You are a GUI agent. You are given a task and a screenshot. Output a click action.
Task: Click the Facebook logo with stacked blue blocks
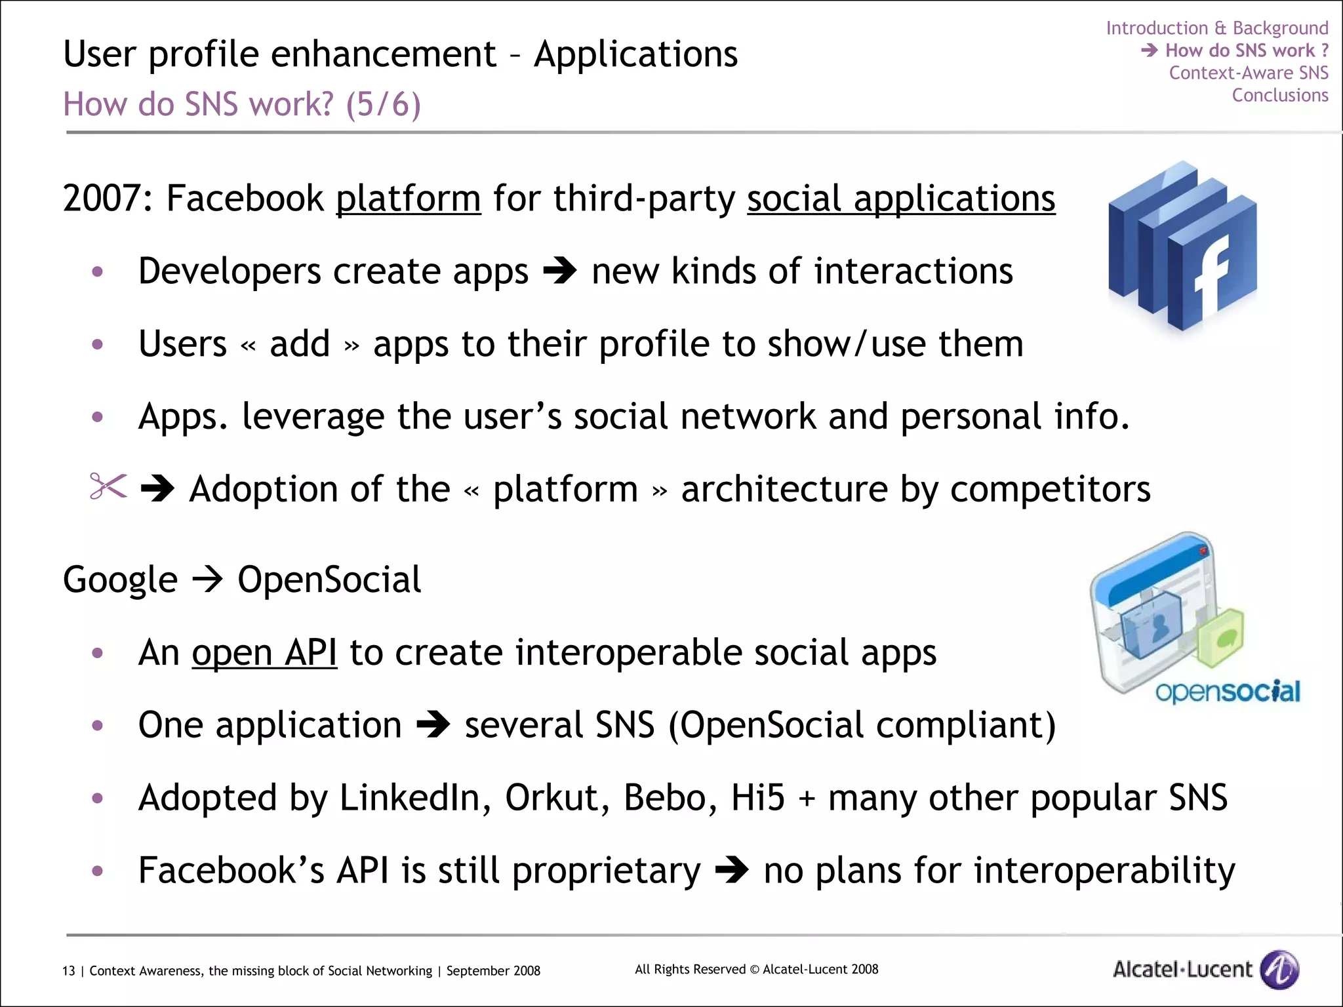tap(1182, 247)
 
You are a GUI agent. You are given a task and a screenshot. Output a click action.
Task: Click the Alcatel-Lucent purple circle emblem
tap(1279, 968)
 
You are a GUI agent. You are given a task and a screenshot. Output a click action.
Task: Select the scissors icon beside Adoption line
tap(108, 486)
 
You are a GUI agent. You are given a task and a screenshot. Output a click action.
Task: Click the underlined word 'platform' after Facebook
tap(408, 198)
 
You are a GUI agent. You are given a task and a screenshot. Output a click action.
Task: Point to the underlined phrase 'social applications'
tap(900, 198)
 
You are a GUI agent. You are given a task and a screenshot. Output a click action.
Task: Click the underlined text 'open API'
tap(264, 652)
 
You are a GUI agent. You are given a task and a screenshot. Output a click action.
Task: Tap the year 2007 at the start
tap(102, 198)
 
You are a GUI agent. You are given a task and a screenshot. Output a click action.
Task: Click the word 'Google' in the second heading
tap(120, 580)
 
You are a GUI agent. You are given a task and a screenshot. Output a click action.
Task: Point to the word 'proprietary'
tap(606, 871)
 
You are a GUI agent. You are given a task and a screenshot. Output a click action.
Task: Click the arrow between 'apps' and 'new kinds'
tap(559, 271)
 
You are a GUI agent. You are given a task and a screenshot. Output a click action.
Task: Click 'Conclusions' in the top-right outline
tap(1279, 95)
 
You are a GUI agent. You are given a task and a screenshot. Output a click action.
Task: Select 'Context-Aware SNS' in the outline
tap(1248, 73)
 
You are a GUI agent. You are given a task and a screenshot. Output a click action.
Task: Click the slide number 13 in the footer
tap(68, 971)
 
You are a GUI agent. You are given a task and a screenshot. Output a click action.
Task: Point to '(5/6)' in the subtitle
tap(383, 104)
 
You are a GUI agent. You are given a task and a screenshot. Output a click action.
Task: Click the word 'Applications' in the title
tap(635, 54)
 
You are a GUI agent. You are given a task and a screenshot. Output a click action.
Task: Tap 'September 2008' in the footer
tap(493, 971)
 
